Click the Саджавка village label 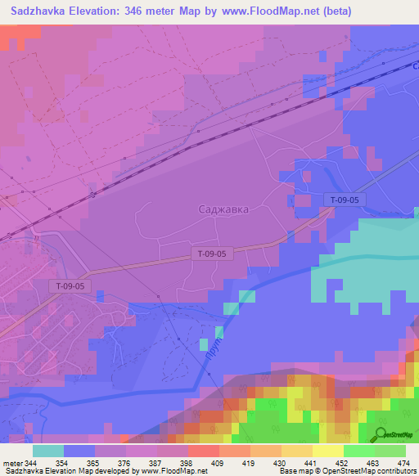pos(223,209)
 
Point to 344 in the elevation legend pos(31,464)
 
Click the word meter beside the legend pos(11,464)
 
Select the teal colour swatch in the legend pos(48,451)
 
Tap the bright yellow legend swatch pos(328,451)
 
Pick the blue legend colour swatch pos(79,451)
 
